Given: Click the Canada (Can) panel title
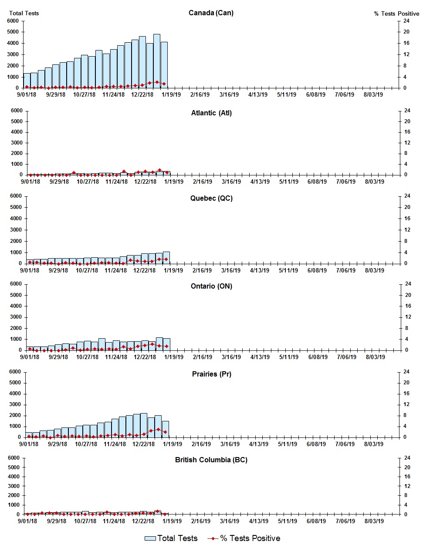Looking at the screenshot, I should [x=211, y=13].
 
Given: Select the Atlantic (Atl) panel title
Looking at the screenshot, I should [x=211, y=113].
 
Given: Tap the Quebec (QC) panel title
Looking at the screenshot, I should [x=211, y=198].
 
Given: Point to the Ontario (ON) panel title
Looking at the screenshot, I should [x=211, y=286].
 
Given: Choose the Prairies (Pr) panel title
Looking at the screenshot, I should [x=211, y=374].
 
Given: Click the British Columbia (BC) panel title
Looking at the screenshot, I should [x=211, y=460].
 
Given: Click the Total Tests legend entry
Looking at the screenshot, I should [x=171, y=538].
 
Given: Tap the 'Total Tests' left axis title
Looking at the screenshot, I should [x=24, y=13].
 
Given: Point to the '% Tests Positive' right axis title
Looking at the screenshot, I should [x=396, y=13].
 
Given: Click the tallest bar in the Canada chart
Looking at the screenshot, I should [x=157, y=61].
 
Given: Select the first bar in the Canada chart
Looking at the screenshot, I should [x=27, y=81].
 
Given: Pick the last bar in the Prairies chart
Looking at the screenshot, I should [x=166, y=429].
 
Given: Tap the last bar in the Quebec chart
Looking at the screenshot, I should [x=166, y=258].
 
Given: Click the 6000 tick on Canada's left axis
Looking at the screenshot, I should [x=13, y=21].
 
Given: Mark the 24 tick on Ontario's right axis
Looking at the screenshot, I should [x=408, y=284].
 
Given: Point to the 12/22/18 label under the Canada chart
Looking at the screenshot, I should [x=142, y=94].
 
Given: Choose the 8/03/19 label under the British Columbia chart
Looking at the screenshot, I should [x=373, y=521].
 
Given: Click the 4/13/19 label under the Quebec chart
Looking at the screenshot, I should [x=259, y=270].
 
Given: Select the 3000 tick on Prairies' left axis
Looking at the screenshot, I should [x=15, y=404].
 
